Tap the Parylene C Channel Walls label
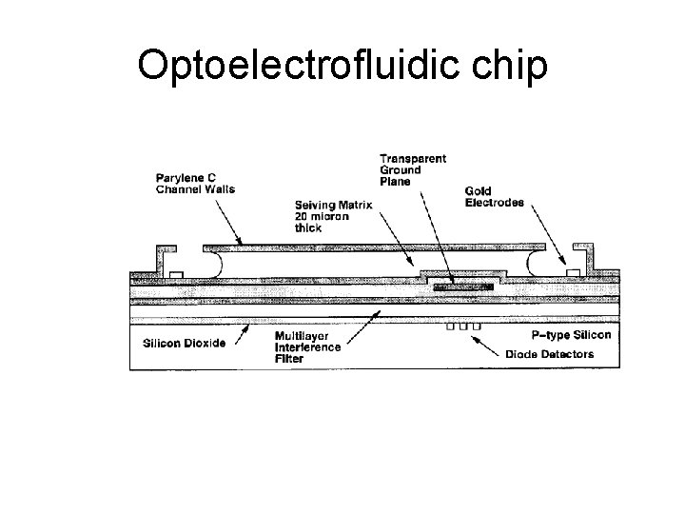(195, 182)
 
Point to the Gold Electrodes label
(495, 195)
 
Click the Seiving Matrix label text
(333, 205)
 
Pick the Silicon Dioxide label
(185, 343)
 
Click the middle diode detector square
(463, 326)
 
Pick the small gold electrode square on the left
(176, 275)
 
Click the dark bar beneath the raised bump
(462, 285)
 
